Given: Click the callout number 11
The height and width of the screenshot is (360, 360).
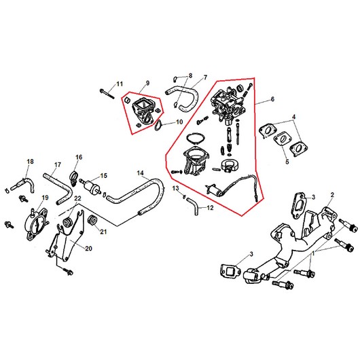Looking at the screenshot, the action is click(x=120, y=84).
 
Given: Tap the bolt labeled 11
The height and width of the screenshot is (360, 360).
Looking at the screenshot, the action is click(x=107, y=94).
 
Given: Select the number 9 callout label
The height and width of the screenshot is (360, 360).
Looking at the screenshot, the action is click(x=147, y=83).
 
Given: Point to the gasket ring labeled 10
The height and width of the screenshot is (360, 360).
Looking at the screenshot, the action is click(x=158, y=126).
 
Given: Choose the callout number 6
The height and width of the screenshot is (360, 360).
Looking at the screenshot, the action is click(x=272, y=99).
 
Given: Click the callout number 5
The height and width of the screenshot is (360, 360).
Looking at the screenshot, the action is click(x=287, y=162).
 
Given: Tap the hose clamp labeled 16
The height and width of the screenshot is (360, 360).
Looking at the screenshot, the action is click(x=73, y=178).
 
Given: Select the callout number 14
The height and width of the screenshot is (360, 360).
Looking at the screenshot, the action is click(x=141, y=173).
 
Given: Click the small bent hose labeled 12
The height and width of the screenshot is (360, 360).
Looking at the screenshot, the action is click(x=194, y=206).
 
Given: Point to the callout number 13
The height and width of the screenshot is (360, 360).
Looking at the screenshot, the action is click(x=175, y=188).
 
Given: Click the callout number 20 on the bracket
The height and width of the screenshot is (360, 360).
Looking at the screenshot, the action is click(x=88, y=249).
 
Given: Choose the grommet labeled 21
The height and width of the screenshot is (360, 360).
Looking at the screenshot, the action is click(x=93, y=220).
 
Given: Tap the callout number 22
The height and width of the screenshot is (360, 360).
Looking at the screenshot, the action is click(x=77, y=198).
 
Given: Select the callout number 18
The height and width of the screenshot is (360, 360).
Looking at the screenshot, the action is click(x=30, y=162).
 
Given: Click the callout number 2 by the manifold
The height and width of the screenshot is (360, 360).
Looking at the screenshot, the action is click(x=332, y=195).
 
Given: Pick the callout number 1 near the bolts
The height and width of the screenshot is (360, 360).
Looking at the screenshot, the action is click(x=312, y=253).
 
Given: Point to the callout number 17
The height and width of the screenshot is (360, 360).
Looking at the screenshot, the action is click(x=58, y=165).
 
